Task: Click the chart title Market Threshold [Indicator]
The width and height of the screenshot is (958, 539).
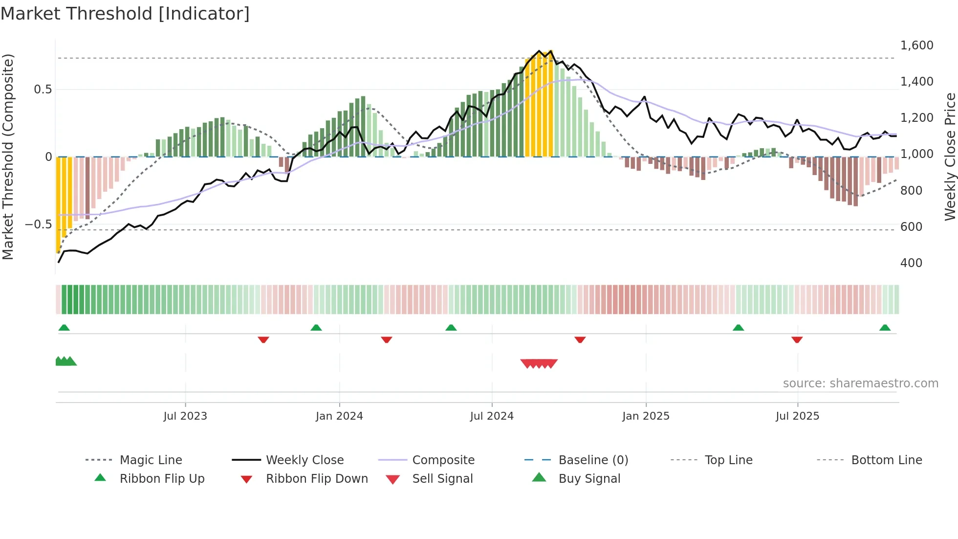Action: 125,14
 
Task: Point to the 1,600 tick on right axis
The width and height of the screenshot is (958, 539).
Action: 916,45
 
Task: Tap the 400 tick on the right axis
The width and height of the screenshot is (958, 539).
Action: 911,263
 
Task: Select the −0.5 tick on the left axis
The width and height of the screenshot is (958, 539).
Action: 38,225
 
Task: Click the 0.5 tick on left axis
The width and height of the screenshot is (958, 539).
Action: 43,90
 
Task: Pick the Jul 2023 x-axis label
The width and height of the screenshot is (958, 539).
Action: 185,416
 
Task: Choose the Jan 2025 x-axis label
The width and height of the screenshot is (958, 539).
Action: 646,416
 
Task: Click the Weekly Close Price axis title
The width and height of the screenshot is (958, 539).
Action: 950,157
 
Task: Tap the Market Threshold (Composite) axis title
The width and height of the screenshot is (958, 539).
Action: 8,157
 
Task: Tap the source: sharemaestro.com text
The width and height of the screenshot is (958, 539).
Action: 860,383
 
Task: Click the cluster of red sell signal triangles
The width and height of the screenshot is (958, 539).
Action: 539,363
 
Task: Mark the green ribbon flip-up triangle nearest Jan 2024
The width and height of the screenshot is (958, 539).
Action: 316,328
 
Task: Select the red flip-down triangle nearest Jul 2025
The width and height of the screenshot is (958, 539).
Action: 797,339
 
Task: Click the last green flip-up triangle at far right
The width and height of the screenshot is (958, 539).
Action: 885,328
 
